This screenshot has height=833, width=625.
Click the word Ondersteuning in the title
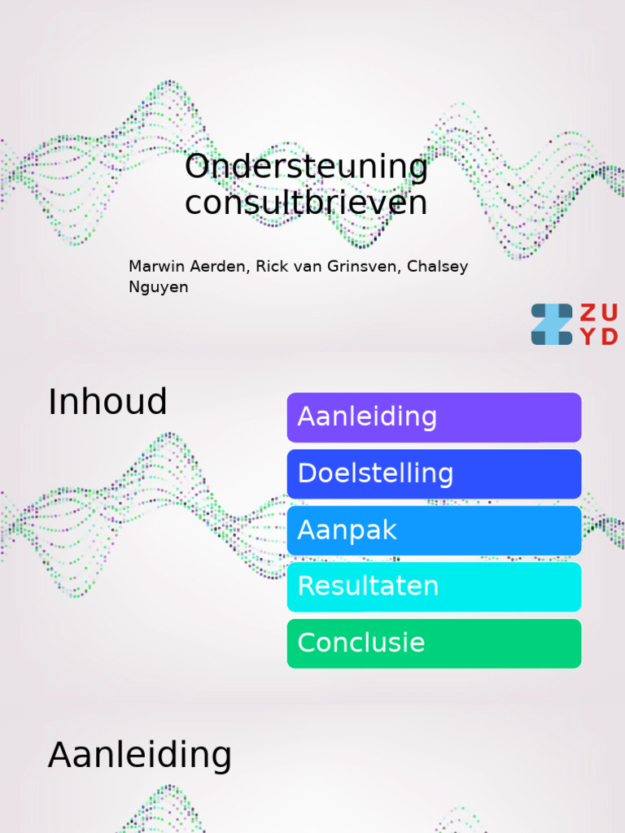pos(306,168)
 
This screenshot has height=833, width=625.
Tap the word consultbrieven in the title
pos(306,203)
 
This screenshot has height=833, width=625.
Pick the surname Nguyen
pos(158,287)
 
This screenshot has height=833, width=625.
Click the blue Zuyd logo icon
pos(552,325)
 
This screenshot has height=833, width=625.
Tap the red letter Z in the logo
pos(588,313)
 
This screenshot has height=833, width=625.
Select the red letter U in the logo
pos(610,313)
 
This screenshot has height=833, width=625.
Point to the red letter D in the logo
pos(610,337)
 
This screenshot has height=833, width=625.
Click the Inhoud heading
pos(107,402)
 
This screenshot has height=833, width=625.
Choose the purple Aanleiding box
pos(434,417)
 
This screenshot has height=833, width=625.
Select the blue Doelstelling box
pos(434,473)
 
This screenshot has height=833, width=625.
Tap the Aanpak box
pos(434,530)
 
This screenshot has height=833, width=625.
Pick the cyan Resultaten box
pos(434,587)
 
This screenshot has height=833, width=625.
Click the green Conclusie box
pos(434,643)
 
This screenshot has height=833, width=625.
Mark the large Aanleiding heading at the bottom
pos(140,755)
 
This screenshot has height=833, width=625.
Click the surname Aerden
pos(221,267)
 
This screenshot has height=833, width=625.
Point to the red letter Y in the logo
pos(588,337)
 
